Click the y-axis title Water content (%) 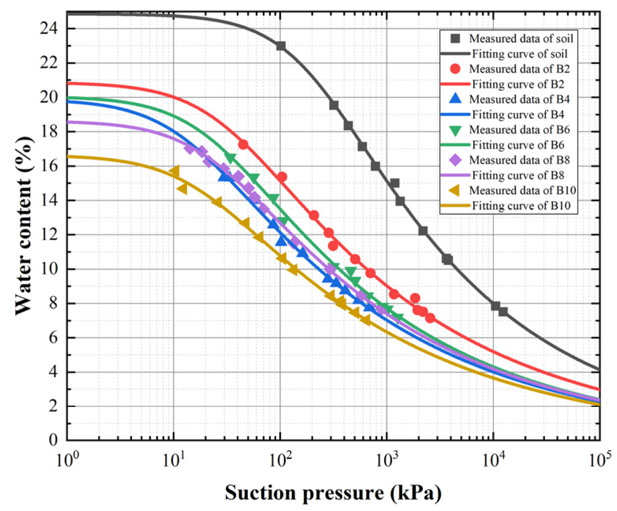click(24, 226)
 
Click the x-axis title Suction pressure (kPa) click(333, 493)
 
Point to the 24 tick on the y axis click(49, 28)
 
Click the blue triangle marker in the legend click(455, 99)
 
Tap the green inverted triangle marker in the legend click(455, 130)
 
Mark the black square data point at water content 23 click(281, 46)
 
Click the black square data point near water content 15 click(394, 183)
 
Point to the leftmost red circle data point click(243, 144)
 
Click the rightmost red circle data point click(430, 318)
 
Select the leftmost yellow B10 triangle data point click(175, 171)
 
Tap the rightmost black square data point click(503, 312)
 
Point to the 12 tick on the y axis click(49, 235)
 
